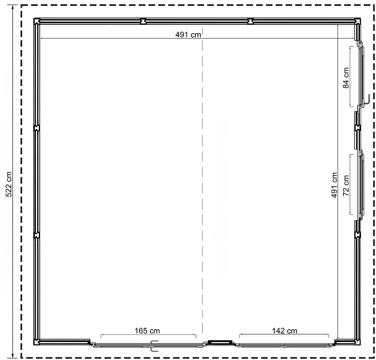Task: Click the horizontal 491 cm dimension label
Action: coord(188,35)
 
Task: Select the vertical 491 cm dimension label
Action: coord(334,185)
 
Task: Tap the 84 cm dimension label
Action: coord(346,78)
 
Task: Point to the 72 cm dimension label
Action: coord(346,186)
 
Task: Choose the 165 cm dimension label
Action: coord(147,331)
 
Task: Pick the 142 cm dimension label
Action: coord(285,331)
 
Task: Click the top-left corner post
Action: coord(37,21)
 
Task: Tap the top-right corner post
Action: coord(357,21)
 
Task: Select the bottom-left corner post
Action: coord(37,342)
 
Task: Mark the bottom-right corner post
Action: coord(357,342)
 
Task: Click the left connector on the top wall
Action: coord(143,21)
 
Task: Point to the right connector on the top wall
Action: coord(250,21)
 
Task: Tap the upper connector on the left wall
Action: coord(37,128)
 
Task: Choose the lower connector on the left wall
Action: coord(37,235)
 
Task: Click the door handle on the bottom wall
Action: coord(154,346)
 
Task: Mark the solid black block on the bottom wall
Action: coord(220,342)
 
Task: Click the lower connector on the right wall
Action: coord(357,235)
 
